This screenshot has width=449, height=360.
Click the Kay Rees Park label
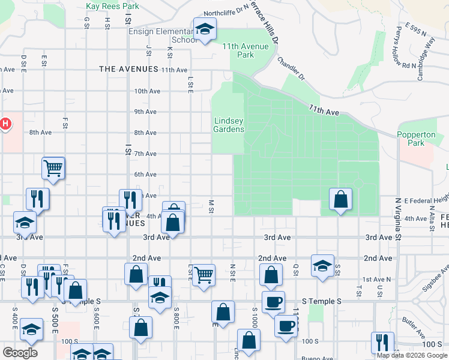click(x=112, y=6)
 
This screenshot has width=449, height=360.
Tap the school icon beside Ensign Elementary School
click(x=204, y=29)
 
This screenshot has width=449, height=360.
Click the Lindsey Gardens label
click(x=229, y=125)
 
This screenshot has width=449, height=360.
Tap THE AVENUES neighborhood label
click(x=128, y=70)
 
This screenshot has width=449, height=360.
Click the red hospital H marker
click(x=5, y=124)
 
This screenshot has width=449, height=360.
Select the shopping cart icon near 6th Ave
click(x=53, y=168)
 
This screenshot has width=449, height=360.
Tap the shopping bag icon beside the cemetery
click(x=340, y=199)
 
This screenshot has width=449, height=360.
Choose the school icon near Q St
click(x=322, y=265)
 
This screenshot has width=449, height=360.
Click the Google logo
click(x=20, y=352)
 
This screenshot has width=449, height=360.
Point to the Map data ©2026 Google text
click(x=411, y=355)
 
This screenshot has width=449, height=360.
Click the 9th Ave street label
click(x=145, y=112)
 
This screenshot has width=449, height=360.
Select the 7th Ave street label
click(x=145, y=154)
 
